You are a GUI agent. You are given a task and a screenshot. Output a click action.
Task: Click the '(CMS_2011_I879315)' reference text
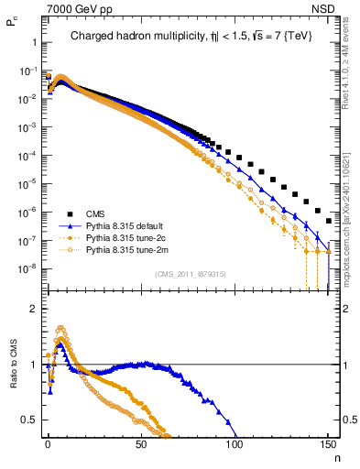coord(190,274)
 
